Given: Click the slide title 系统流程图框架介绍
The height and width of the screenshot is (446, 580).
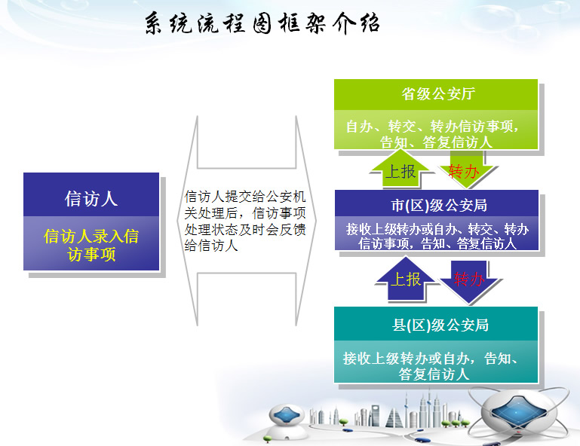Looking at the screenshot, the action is coord(262,23).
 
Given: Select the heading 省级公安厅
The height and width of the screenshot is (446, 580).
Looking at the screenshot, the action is coord(438,94).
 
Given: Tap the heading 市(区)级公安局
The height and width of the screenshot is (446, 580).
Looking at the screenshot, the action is coord(439,206).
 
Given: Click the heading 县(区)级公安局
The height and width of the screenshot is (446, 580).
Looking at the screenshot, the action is coord(440,325).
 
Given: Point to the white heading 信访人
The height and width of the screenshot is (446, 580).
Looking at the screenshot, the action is coord(91,199).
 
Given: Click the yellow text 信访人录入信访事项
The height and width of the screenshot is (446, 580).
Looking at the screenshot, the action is coord(91,245).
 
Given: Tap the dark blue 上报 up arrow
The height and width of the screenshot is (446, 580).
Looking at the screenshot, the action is coord(406,278).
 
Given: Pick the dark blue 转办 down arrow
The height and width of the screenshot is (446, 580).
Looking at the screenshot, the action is coord(469,280).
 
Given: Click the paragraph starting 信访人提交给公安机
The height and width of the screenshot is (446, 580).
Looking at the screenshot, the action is coord(245,221).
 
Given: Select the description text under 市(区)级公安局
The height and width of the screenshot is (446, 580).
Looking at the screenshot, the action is coord(437,236).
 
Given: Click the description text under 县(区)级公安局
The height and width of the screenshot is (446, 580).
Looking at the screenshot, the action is coord(433,366).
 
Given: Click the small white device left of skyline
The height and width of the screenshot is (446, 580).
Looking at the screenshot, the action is coord(287,421).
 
